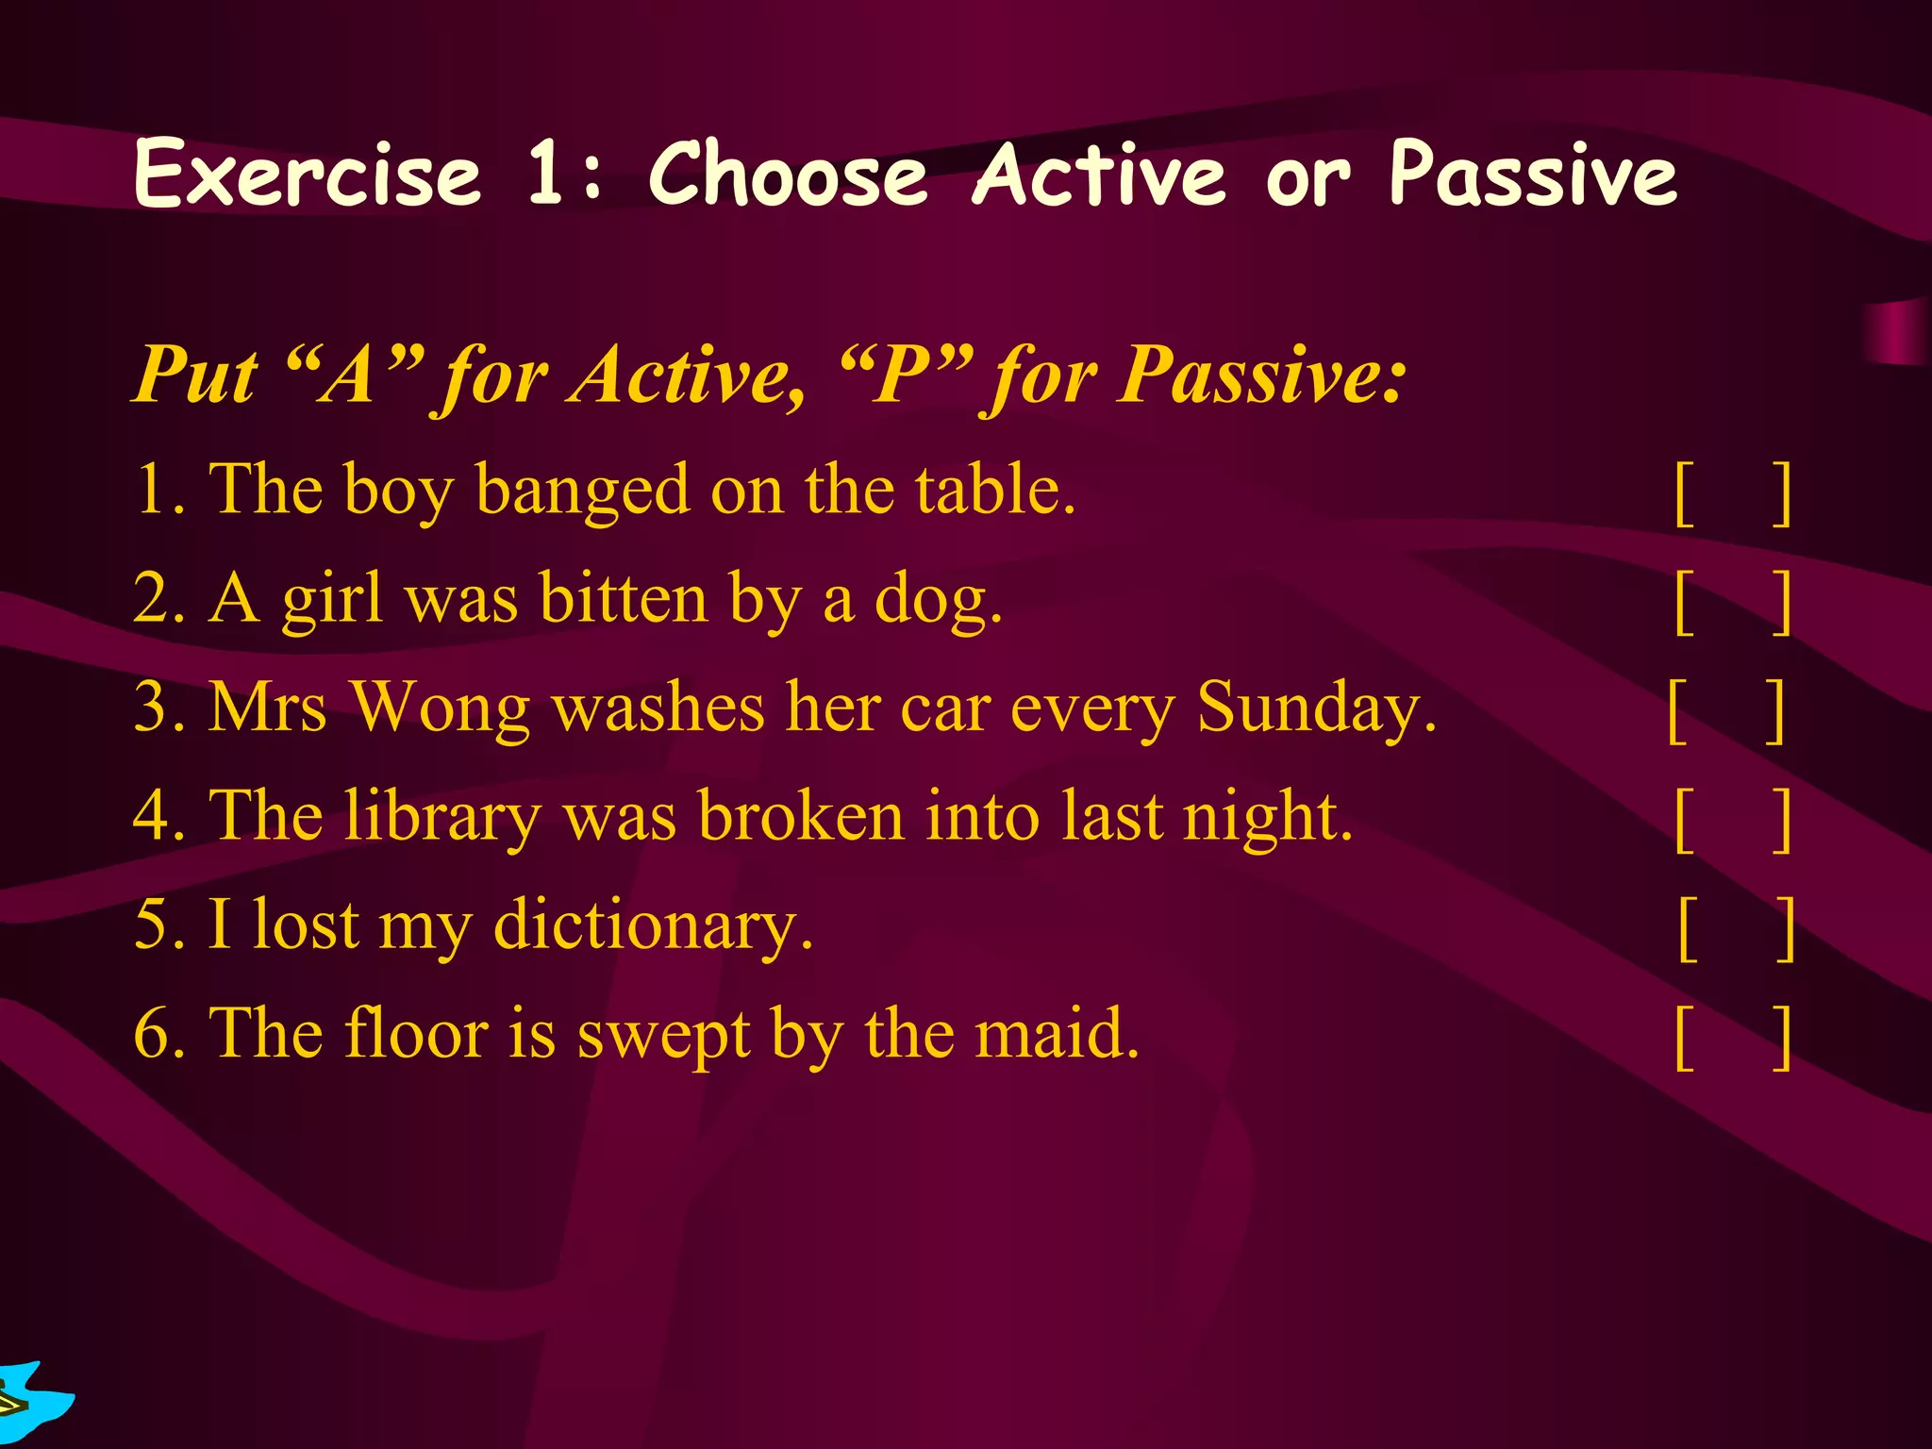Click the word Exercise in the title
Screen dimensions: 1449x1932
point(308,174)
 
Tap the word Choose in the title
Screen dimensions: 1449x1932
point(788,174)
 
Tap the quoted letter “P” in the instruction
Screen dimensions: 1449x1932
point(905,374)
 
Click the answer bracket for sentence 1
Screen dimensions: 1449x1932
point(1733,493)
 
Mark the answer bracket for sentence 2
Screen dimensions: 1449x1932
point(1733,603)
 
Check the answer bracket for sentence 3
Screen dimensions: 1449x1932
point(1725,710)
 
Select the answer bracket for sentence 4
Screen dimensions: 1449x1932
point(1733,819)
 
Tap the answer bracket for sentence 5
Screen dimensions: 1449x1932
point(1736,928)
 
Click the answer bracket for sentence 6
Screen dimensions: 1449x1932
point(1733,1037)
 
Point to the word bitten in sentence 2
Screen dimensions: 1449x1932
point(624,600)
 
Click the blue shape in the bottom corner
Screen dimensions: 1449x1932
point(38,1402)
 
